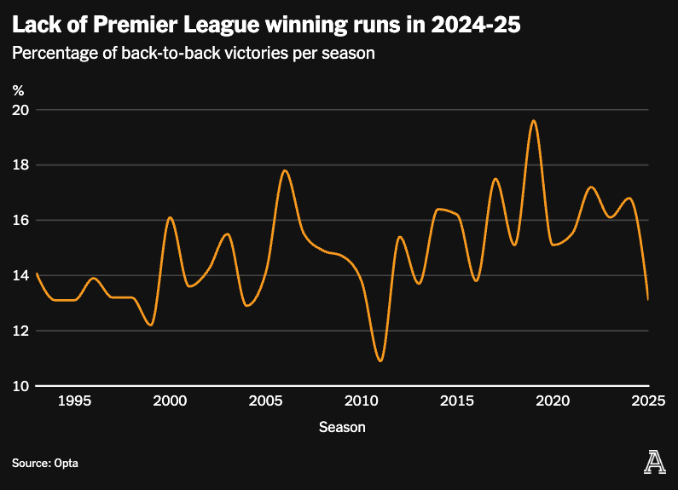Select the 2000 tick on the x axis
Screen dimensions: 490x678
171,401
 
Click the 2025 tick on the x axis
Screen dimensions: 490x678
648,401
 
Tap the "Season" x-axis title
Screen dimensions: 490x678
342,427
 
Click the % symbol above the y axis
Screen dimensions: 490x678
18,88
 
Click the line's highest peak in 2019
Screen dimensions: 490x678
533,121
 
